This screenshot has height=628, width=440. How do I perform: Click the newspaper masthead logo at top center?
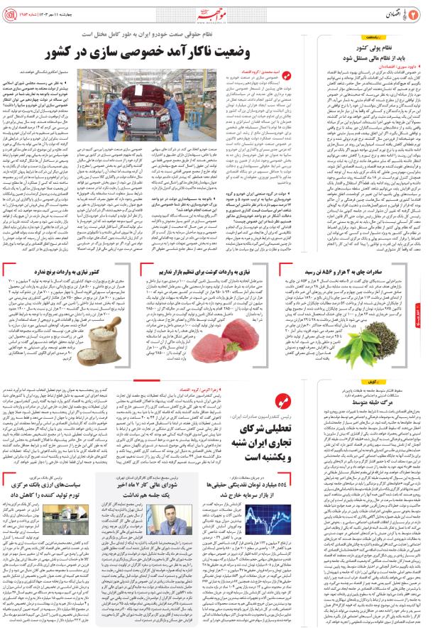tap(224, 11)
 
